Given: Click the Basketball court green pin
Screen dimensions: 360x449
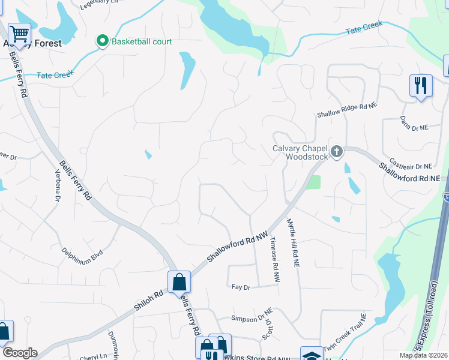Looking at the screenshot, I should click(x=102, y=41).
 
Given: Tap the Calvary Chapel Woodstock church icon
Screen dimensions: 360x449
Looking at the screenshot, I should click(x=337, y=151).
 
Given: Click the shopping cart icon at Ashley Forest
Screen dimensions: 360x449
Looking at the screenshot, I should click(x=19, y=34).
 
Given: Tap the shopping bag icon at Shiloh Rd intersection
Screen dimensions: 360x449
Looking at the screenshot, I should click(x=179, y=281).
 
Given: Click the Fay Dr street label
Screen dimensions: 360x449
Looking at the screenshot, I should click(x=240, y=287).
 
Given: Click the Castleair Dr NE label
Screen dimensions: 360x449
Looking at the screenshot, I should click(x=411, y=164).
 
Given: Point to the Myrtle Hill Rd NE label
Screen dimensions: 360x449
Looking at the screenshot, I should click(x=293, y=243).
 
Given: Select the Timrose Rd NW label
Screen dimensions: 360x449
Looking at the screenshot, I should click(x=275, y=259).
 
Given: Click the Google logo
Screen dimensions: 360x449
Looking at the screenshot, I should click(x=19, y=353).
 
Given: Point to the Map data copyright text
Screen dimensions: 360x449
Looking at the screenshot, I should click(x=423, y=355).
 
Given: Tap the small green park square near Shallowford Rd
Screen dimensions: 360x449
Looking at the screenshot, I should click(x=313, y=182).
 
